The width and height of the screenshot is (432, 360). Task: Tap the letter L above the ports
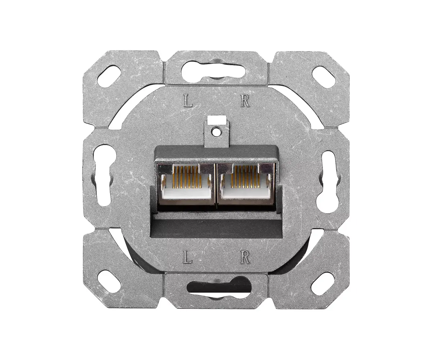point(188,101)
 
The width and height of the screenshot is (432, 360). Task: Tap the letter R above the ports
point(245,101)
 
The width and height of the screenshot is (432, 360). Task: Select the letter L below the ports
point(188,257)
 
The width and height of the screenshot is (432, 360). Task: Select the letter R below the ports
point(245,257)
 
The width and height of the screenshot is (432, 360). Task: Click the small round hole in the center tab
point(216,131)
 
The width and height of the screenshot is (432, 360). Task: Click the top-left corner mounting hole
point(109,76)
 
